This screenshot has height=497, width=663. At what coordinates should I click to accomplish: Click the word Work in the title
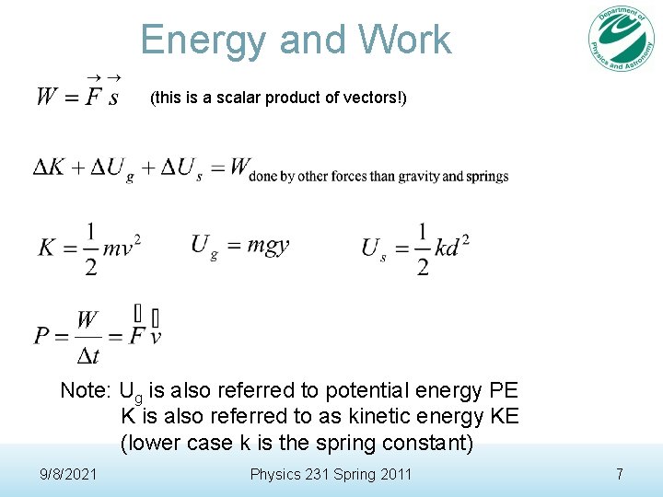pos(405,40)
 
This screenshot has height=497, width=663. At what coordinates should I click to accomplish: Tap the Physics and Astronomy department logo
pos(622,38)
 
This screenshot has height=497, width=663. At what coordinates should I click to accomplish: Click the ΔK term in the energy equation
pos(52,168)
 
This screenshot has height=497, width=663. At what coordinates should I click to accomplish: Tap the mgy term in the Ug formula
pos(267,245)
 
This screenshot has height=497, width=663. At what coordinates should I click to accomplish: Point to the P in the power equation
pos(42,334)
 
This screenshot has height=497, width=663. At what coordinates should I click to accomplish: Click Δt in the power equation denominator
pos(88,353)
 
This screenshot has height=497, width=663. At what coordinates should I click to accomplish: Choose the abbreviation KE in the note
pos(505,416)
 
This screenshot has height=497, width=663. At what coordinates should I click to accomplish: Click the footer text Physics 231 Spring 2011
pos(331,474)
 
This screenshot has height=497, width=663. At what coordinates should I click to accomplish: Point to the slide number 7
pos(620,474)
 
